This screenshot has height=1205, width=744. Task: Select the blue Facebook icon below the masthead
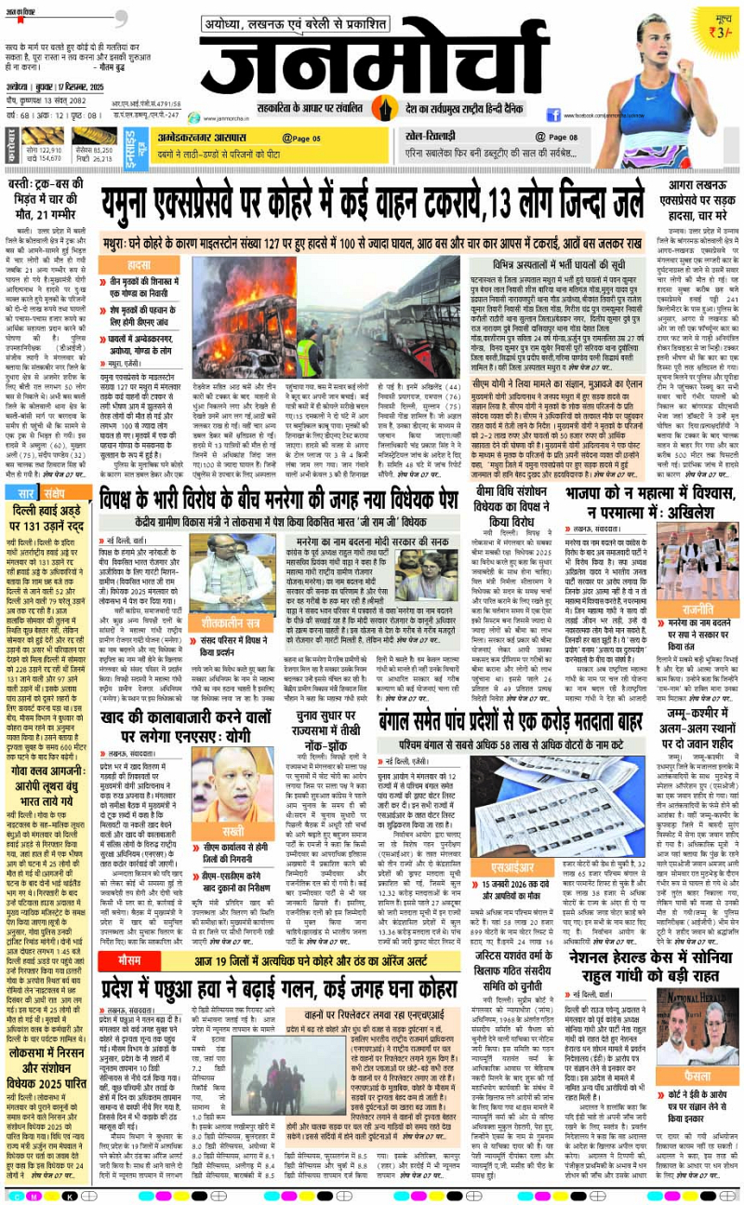point(554,115)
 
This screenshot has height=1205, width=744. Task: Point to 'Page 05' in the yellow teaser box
point(303,138)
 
